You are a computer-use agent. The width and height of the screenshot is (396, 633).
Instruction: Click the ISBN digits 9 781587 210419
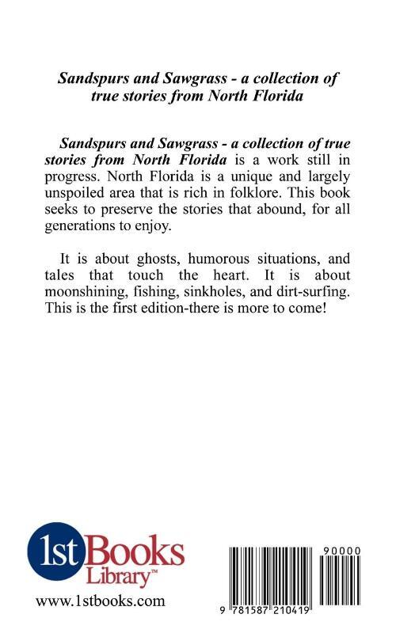tap(274, 611)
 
